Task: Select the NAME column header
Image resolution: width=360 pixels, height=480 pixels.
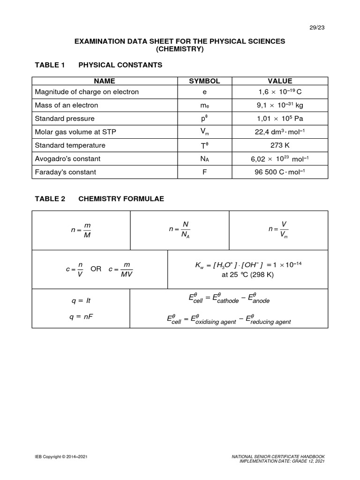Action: tap(104, 81)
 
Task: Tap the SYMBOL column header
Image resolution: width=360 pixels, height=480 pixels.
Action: tap(204, 81)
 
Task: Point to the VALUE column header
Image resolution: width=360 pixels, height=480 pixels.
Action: tap(280, 81)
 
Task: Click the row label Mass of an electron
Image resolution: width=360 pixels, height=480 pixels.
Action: tap(67, 105)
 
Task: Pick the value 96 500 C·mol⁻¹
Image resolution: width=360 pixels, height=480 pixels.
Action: tap(280, 172)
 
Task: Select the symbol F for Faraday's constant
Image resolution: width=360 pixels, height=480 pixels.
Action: tap(204, 172)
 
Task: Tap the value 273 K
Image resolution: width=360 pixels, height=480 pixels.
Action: tap(280, 145)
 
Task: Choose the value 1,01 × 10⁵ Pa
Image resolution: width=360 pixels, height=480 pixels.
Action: tap(280, 119)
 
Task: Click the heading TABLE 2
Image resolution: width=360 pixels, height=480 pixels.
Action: tap(50, 199)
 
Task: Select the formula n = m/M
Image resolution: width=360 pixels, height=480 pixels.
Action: tap(81, 230)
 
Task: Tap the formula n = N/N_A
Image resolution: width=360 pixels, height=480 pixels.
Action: tap(179, 230)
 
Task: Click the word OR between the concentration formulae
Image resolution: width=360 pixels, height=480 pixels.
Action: tap(96, 270)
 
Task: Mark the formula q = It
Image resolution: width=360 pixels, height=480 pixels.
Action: tap(81, 300)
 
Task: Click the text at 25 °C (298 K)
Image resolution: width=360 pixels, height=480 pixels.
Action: tap(247, 275)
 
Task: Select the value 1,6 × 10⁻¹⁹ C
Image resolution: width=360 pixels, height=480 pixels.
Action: tap(280, 92)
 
